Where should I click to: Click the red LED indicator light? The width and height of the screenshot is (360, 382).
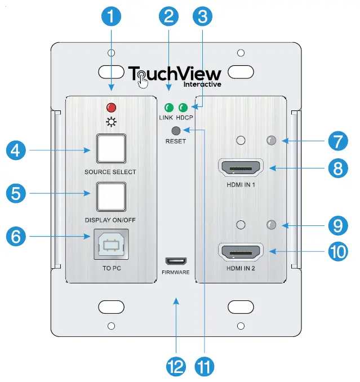(111, 108)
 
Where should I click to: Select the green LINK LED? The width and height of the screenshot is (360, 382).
(168, 108)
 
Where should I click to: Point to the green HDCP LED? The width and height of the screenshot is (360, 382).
(183, 108)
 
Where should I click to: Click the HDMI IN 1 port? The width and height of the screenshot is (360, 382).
(241, 168)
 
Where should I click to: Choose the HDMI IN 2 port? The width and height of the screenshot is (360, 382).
(241, 252)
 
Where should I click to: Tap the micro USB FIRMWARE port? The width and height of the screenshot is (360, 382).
(176, 261)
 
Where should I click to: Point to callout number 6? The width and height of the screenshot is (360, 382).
(19, 236)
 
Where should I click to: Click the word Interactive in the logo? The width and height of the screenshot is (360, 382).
(202, 85)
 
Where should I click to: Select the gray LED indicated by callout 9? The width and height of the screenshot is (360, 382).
(271, 225)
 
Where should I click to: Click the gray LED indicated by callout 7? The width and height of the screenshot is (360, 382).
(271, 141)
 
